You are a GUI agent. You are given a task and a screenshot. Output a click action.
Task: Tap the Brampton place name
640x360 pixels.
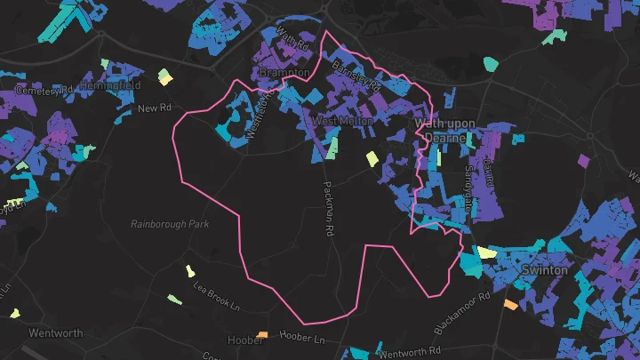(284, 72)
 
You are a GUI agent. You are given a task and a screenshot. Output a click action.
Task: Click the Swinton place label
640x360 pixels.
(544, 269)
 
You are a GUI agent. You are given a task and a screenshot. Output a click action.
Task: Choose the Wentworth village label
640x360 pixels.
(56, 333)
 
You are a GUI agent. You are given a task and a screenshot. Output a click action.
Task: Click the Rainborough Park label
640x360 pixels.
(170, 224)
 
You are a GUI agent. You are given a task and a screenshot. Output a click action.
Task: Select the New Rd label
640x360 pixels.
(154, 108)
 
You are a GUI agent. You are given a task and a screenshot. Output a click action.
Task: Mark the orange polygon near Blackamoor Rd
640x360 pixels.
(510, 304)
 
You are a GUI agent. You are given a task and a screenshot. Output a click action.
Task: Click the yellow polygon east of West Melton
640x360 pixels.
(372, 159)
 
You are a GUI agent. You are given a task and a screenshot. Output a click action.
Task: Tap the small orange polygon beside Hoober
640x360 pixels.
(262, 335)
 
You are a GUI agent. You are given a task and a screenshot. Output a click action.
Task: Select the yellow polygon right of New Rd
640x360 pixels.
(164, 77)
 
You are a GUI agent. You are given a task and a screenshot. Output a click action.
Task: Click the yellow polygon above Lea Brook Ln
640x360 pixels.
(188, 270)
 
